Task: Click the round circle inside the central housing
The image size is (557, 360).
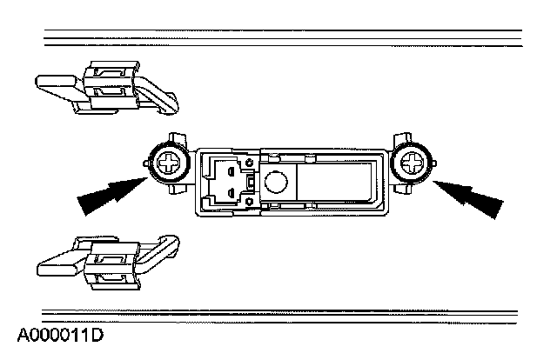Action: click(x=276, y=182)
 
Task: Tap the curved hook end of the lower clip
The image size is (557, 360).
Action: click(x=167, y=245)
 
